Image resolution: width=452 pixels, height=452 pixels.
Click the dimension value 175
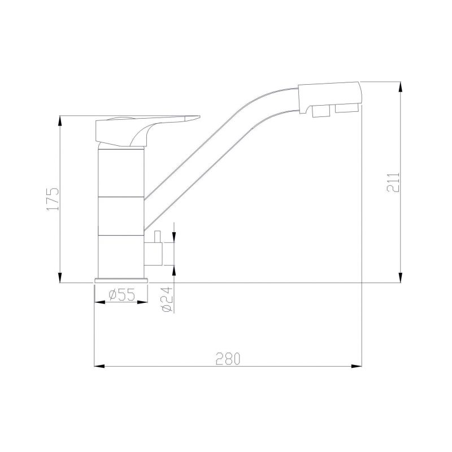click(x=52, y=198)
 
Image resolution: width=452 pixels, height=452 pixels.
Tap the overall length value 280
click(x=228, y=359)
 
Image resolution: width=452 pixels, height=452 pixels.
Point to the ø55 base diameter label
click(x=121, y=294)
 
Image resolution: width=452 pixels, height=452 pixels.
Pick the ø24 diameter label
click(x=166, y=299)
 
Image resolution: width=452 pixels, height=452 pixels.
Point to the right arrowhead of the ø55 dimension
click(x=143, y=302)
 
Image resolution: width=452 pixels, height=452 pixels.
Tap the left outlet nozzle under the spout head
click(x=320, y=113)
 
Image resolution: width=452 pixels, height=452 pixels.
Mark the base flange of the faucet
click(x=121, y=281)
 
